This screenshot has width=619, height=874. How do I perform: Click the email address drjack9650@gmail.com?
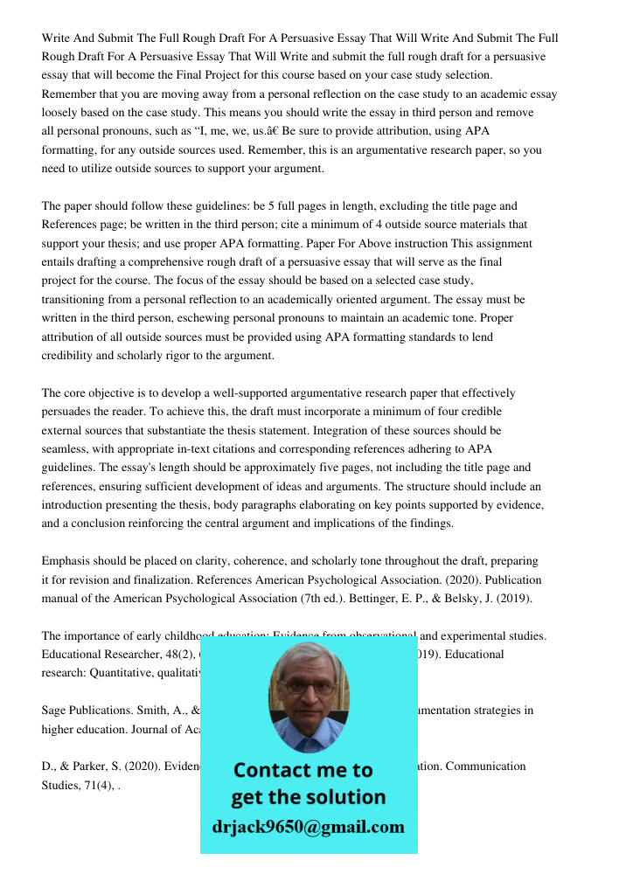[x=309, y=827]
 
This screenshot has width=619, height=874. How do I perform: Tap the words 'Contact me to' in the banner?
[x=303, y=770]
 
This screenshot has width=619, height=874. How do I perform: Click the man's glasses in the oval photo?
[x=308, y=687]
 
